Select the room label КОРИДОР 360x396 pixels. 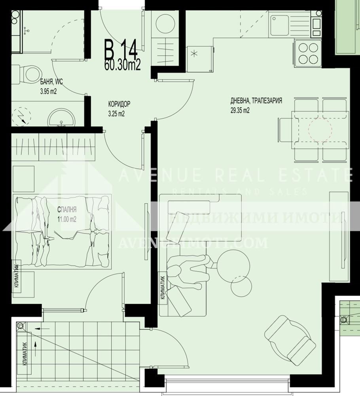[x=119, y=105]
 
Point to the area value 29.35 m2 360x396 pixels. [x=240, y=111]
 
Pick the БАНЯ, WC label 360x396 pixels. [x=51, y=82]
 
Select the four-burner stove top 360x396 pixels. [x=309, y=53]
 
